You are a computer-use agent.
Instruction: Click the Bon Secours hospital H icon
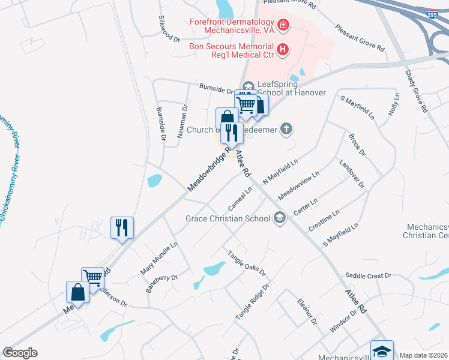282,50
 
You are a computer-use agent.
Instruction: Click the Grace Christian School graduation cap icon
279,218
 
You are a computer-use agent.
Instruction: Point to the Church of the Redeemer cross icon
287,128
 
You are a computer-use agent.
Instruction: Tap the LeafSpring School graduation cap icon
249,85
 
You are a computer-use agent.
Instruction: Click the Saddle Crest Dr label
368,275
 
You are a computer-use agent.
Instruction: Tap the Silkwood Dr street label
168,29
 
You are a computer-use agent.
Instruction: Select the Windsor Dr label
343,321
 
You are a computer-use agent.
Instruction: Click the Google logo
20,353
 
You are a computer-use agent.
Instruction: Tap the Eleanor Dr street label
307,311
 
